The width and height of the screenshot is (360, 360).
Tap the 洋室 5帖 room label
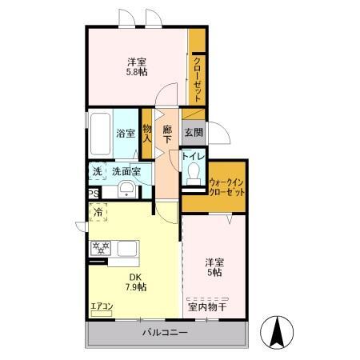point(212,266)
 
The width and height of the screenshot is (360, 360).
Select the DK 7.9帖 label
point(135,283)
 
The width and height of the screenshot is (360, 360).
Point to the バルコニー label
point(165,332)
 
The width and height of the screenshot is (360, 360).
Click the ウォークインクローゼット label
point(226,186)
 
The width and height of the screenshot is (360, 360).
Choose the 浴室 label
point(124,134)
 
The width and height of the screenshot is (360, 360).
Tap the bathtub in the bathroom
point(99,134)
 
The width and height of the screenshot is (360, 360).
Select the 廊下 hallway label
point(167,134)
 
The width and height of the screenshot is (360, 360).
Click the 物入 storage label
point(146,133)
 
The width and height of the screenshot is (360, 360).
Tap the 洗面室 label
point(126,171)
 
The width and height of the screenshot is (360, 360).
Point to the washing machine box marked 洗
point(97,171)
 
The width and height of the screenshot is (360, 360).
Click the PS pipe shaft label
point(93,193)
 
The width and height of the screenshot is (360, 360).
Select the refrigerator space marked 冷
point(98,213)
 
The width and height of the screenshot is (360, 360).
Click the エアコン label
point(102,305)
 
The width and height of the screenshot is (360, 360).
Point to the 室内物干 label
point(207,305)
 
